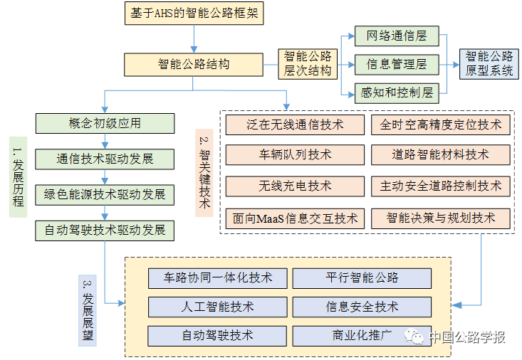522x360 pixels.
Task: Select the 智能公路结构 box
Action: click(x=194, y=64)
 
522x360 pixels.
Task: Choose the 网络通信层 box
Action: click(x=397, y=36)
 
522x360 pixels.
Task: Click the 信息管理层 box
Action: click(x=397, y=64)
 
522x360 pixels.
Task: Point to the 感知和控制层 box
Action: click(x=397, y=92)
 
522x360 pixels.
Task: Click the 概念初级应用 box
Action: click(x=105, y=122)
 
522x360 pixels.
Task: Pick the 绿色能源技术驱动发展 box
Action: click(x=105, y=194)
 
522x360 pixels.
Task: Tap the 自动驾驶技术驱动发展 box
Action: click(x=105, y=230)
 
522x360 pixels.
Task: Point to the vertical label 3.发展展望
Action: click(x=87, y=312)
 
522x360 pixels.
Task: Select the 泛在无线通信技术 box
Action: click(x=295, y=125)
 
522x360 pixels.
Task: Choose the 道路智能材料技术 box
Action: click(x=440, y=154)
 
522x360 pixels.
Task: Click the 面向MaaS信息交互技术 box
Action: click(x=295, y=218)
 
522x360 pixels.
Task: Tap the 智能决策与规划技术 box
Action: click(x=440, y=218)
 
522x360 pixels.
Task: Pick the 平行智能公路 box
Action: click(x=362, y=277)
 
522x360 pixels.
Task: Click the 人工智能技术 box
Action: click(x=218, y=307)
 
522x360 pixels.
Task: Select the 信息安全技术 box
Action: click(x=362, y=307)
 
